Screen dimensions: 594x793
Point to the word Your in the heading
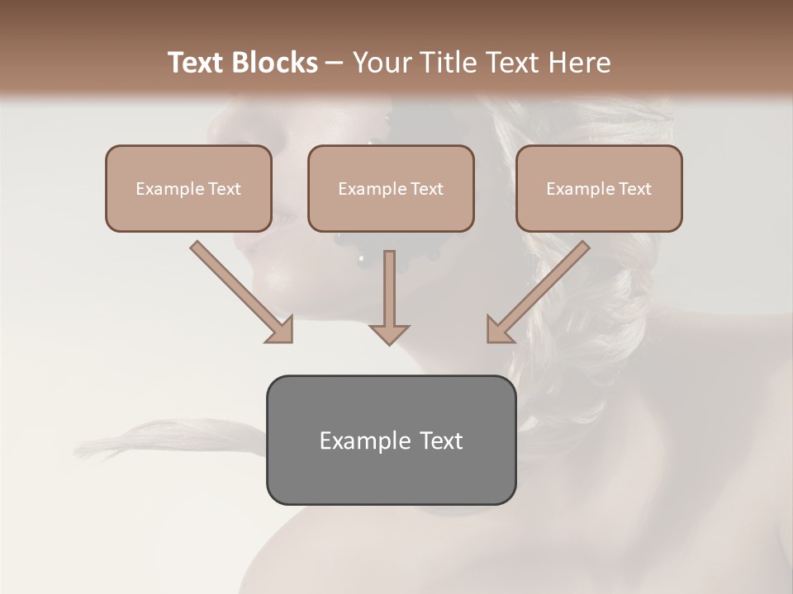(382, 63)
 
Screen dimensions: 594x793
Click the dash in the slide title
(335, 64)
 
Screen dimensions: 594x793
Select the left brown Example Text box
(188, 188)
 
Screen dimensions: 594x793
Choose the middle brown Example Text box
(391, 188)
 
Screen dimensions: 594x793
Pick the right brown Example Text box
(599, 188)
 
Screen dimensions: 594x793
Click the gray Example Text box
(391, 440)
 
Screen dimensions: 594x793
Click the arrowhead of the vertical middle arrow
(389, 333)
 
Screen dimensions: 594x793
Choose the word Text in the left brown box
(224, 189)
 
